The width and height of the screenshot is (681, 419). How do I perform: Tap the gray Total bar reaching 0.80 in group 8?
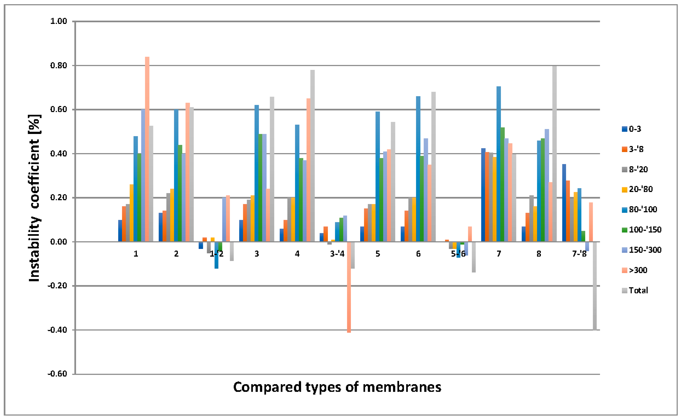tap(554, 154)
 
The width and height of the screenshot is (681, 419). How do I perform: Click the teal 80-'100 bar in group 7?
tap(499, 164)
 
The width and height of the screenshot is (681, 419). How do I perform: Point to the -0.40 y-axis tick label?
tap(57, 330)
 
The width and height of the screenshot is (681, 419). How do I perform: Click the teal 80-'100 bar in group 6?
tap(418, 169)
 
